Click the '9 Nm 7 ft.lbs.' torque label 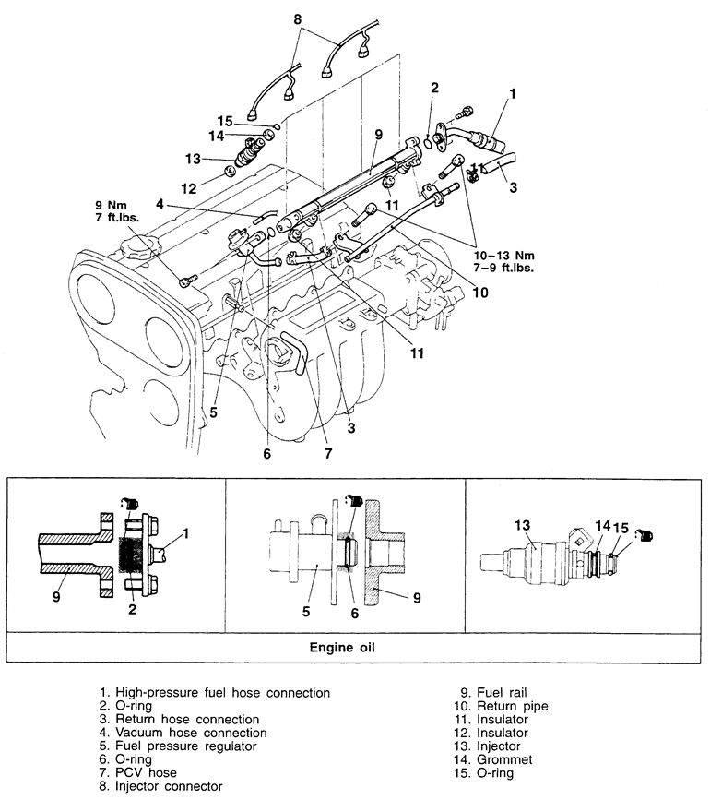click(x=117, y=211)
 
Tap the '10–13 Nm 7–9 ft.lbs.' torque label click(x=503, y=261)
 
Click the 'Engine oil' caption click(x=342, y=648)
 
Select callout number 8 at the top click(x=298, y=19)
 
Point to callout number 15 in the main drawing click(x=225, y=122)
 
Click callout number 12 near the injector click(x=189, y=189)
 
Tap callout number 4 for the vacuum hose click(x=160, y=204)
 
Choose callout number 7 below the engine click(x=328, y=453)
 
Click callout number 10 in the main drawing click(x=480, y=293)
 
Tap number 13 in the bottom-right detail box click(x=523, y=525)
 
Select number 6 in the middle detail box click(x=355, y=613)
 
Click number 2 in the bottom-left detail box click(x=133, y=609)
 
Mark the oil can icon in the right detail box click(x=645, y=535)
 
